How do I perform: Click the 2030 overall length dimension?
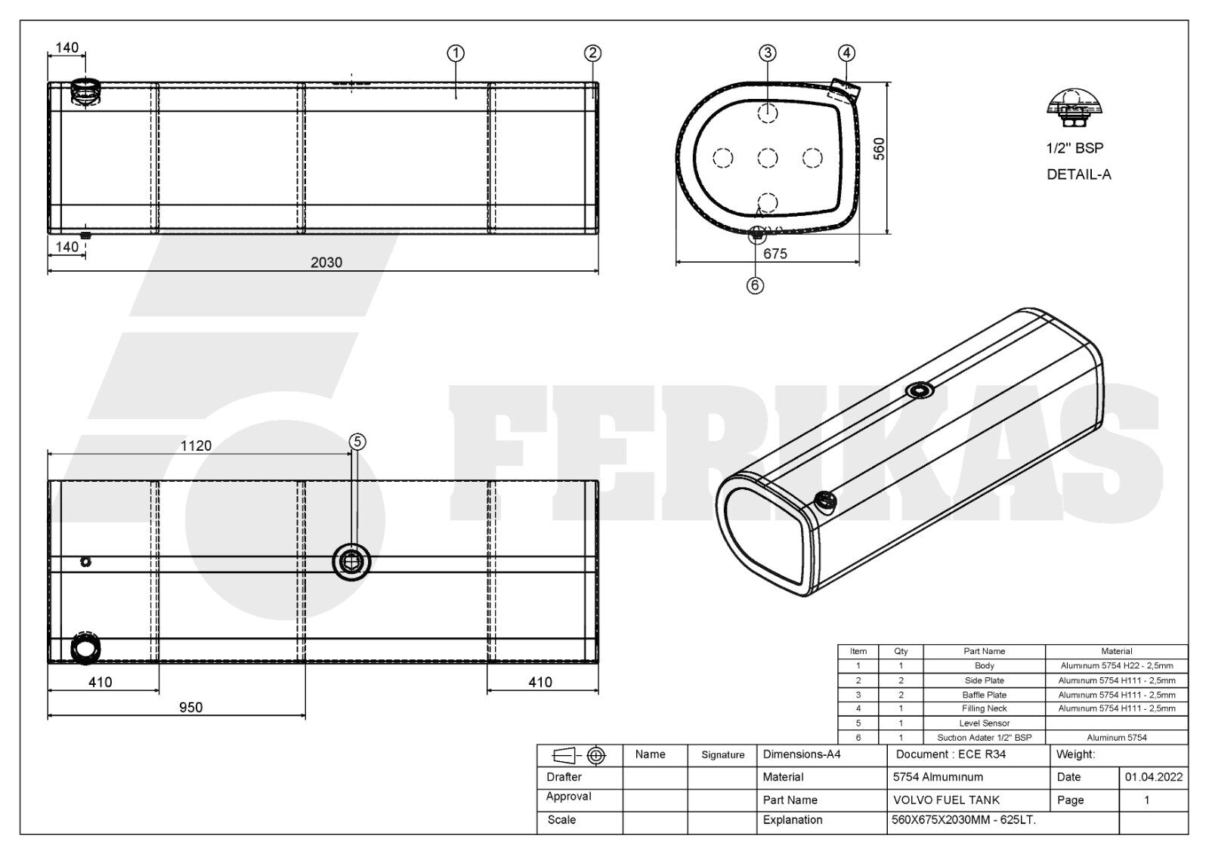coord(326,262)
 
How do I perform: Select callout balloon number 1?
coord(456,53)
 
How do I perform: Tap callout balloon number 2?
coord(592,53)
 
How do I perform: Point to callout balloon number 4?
coord(846,53)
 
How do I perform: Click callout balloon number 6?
coord(755,285)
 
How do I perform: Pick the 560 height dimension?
coord(880,149)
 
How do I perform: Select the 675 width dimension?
coord(775,254)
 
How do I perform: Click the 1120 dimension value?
coord(196,445)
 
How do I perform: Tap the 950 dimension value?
coord(190,708)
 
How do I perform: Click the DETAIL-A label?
coord(1079,174)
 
